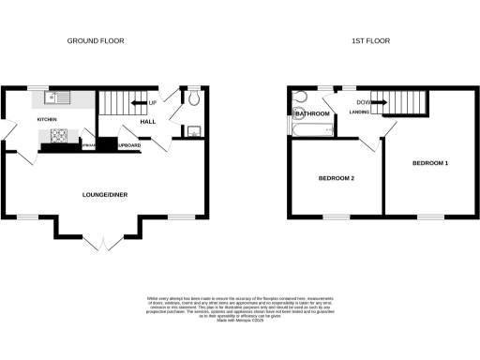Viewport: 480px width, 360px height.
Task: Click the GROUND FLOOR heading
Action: [x=95, y=41]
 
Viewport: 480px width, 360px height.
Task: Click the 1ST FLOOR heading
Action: [x=370, y=41]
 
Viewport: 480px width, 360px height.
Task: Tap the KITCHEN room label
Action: [x=47, y=120]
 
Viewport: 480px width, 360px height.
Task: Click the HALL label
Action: [x=147, y=120]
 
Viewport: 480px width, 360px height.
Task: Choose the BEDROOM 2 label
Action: [x=335, y=178]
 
